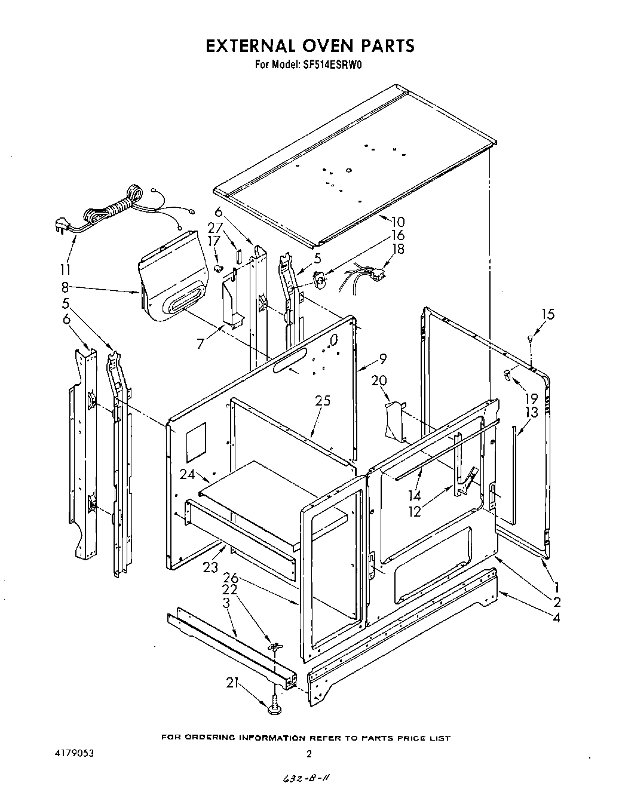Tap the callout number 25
pos(323,401)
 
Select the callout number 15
pos(548,314)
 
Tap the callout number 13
pos(531,412)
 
